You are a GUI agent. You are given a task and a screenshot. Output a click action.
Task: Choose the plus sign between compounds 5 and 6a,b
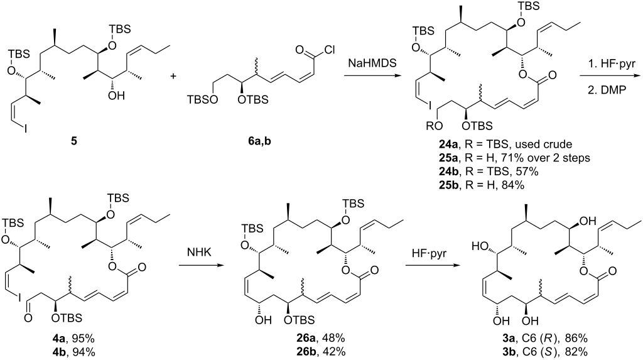click(x=173, y=77)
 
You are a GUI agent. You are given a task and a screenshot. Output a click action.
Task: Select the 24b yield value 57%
click(x=529, y=171)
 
